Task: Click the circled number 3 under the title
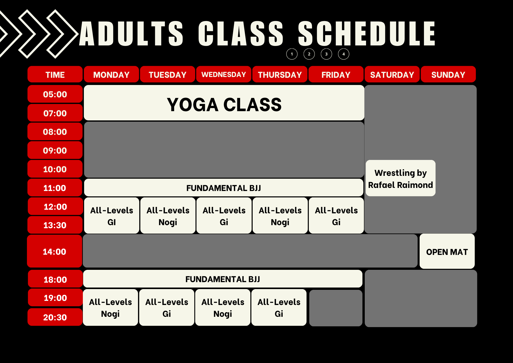click(x=326, y=54)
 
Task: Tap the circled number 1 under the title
click(x=292, y=54)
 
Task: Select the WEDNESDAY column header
click(x=224, y=74)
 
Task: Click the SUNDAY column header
click(x=448, y=74)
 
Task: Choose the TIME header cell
click(x=55, y=74)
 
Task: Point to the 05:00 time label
click(x=55, y=94)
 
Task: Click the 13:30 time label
click(x=55, y=225)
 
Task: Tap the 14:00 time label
click(x=54, y=251)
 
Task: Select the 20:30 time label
click(x=55, y=317)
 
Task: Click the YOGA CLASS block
click(x=224, y=103)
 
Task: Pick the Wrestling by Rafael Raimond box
click(x=400, y=178)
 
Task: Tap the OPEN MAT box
click(x=447, y=251)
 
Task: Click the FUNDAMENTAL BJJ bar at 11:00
click(x=224, y=188)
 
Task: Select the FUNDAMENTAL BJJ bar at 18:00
click(x=223, y=279)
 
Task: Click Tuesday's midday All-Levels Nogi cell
click(x=168, y=216)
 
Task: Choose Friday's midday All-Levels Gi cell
click(x=336, y=216)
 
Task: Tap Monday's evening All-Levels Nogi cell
click(x=110, y=308)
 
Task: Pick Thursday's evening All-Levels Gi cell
click(x=279, y=308)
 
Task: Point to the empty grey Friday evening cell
click(x=336, y=308)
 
